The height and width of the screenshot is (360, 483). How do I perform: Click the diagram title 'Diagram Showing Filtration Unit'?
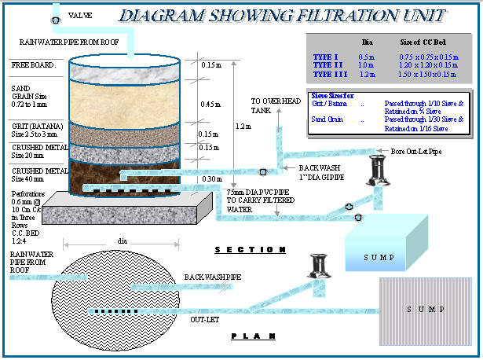coord(284,16)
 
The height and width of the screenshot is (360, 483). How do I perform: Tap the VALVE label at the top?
coord(80,16)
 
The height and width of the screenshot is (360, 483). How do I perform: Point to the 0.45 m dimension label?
coord(210,105)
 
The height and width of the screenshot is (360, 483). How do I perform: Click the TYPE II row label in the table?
coord(329,65)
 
